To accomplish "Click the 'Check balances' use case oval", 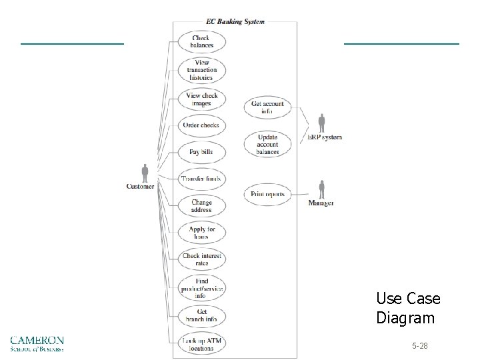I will pos(201,41).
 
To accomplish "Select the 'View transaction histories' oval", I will pos(201,70).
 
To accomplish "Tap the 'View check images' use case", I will pos(201,99).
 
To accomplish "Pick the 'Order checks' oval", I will pos(201,125).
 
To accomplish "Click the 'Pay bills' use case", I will pos(201,152).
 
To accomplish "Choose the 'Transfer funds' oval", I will pos(201,179).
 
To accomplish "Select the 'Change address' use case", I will pos(201,206).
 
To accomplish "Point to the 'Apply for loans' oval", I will pos(201,233).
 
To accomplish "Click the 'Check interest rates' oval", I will pos(201,259).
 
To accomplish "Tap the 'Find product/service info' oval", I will pos(201,288).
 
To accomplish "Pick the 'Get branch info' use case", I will pos(201,315).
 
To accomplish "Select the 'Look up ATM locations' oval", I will pos(201,344).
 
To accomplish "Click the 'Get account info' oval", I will pos(267,107).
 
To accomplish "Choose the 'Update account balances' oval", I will pos(267,144).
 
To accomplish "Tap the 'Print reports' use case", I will pos(267,195).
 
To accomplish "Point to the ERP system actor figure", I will pos(322,123).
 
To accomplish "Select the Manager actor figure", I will pos(321,189).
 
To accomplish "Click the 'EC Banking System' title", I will pos(235,21).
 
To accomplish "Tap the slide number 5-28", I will pos(420,347).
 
